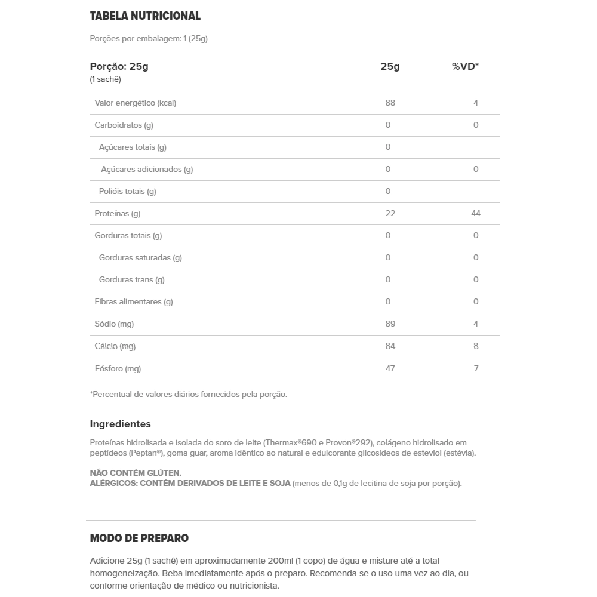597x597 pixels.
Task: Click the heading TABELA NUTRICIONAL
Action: click(145, 16)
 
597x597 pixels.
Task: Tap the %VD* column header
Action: click(465, 66)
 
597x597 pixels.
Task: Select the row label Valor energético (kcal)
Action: click(135, 103)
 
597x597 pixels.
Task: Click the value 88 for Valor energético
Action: click(390, 103)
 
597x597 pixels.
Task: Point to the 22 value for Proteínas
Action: click(390, 214)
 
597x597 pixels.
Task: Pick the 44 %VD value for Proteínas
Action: click(475, 214)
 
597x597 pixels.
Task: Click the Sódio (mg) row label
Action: click(114, 324)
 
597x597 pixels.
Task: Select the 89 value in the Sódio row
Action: click(390, 324)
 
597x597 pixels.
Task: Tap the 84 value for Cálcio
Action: click(390, 346)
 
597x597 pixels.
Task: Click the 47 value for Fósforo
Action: click(390, 368)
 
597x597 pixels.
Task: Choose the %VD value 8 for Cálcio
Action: click(475, 346)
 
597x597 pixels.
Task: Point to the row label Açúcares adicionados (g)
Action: click(147, 170)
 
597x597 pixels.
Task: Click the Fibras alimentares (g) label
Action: click(134, 302)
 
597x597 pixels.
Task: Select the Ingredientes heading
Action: click(120, 424)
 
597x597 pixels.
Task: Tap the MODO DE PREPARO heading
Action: click(139, 538)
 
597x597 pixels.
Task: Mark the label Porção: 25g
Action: click(119, 66)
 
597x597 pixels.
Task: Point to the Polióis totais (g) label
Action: click(127, 192)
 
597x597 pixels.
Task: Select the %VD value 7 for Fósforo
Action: click(475, 368)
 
